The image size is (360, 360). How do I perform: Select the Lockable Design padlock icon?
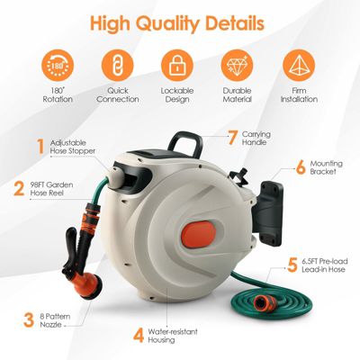click(178, 65)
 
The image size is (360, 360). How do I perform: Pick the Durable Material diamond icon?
click(238, 65)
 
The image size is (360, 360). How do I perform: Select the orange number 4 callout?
click(138, 336)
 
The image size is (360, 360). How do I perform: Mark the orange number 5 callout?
click(292, 265)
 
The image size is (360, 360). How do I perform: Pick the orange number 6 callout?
click(301, 166)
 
